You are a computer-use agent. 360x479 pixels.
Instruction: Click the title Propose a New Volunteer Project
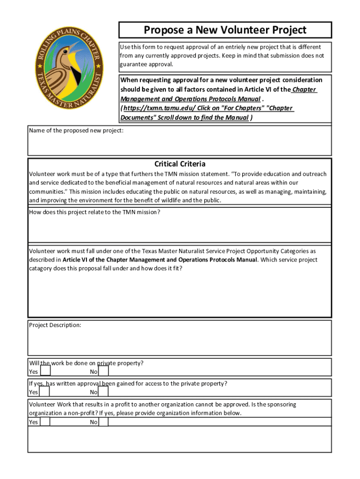tap(225, 30)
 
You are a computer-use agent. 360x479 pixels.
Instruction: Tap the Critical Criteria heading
tap(180, 164)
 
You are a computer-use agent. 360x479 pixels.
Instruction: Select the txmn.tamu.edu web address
tap(150, 108)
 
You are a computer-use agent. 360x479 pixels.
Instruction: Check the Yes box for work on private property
tap(45, 371)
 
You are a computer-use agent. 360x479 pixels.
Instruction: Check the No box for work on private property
tap(104, 371)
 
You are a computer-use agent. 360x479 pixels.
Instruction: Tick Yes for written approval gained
tap(45, 392)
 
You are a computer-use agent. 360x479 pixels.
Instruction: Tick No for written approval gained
tap(104, 392)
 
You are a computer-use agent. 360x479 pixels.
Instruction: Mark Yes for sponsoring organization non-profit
tap(45, 422)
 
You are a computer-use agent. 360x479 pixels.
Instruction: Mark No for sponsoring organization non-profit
tap(104, 422)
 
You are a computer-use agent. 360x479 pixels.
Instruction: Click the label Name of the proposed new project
tap(76, 131)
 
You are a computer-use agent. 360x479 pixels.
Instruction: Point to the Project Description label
tap(55, 325)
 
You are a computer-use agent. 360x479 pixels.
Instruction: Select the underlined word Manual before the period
tap(249, 99)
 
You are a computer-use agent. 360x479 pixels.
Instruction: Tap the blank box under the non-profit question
tap(180, 440)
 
